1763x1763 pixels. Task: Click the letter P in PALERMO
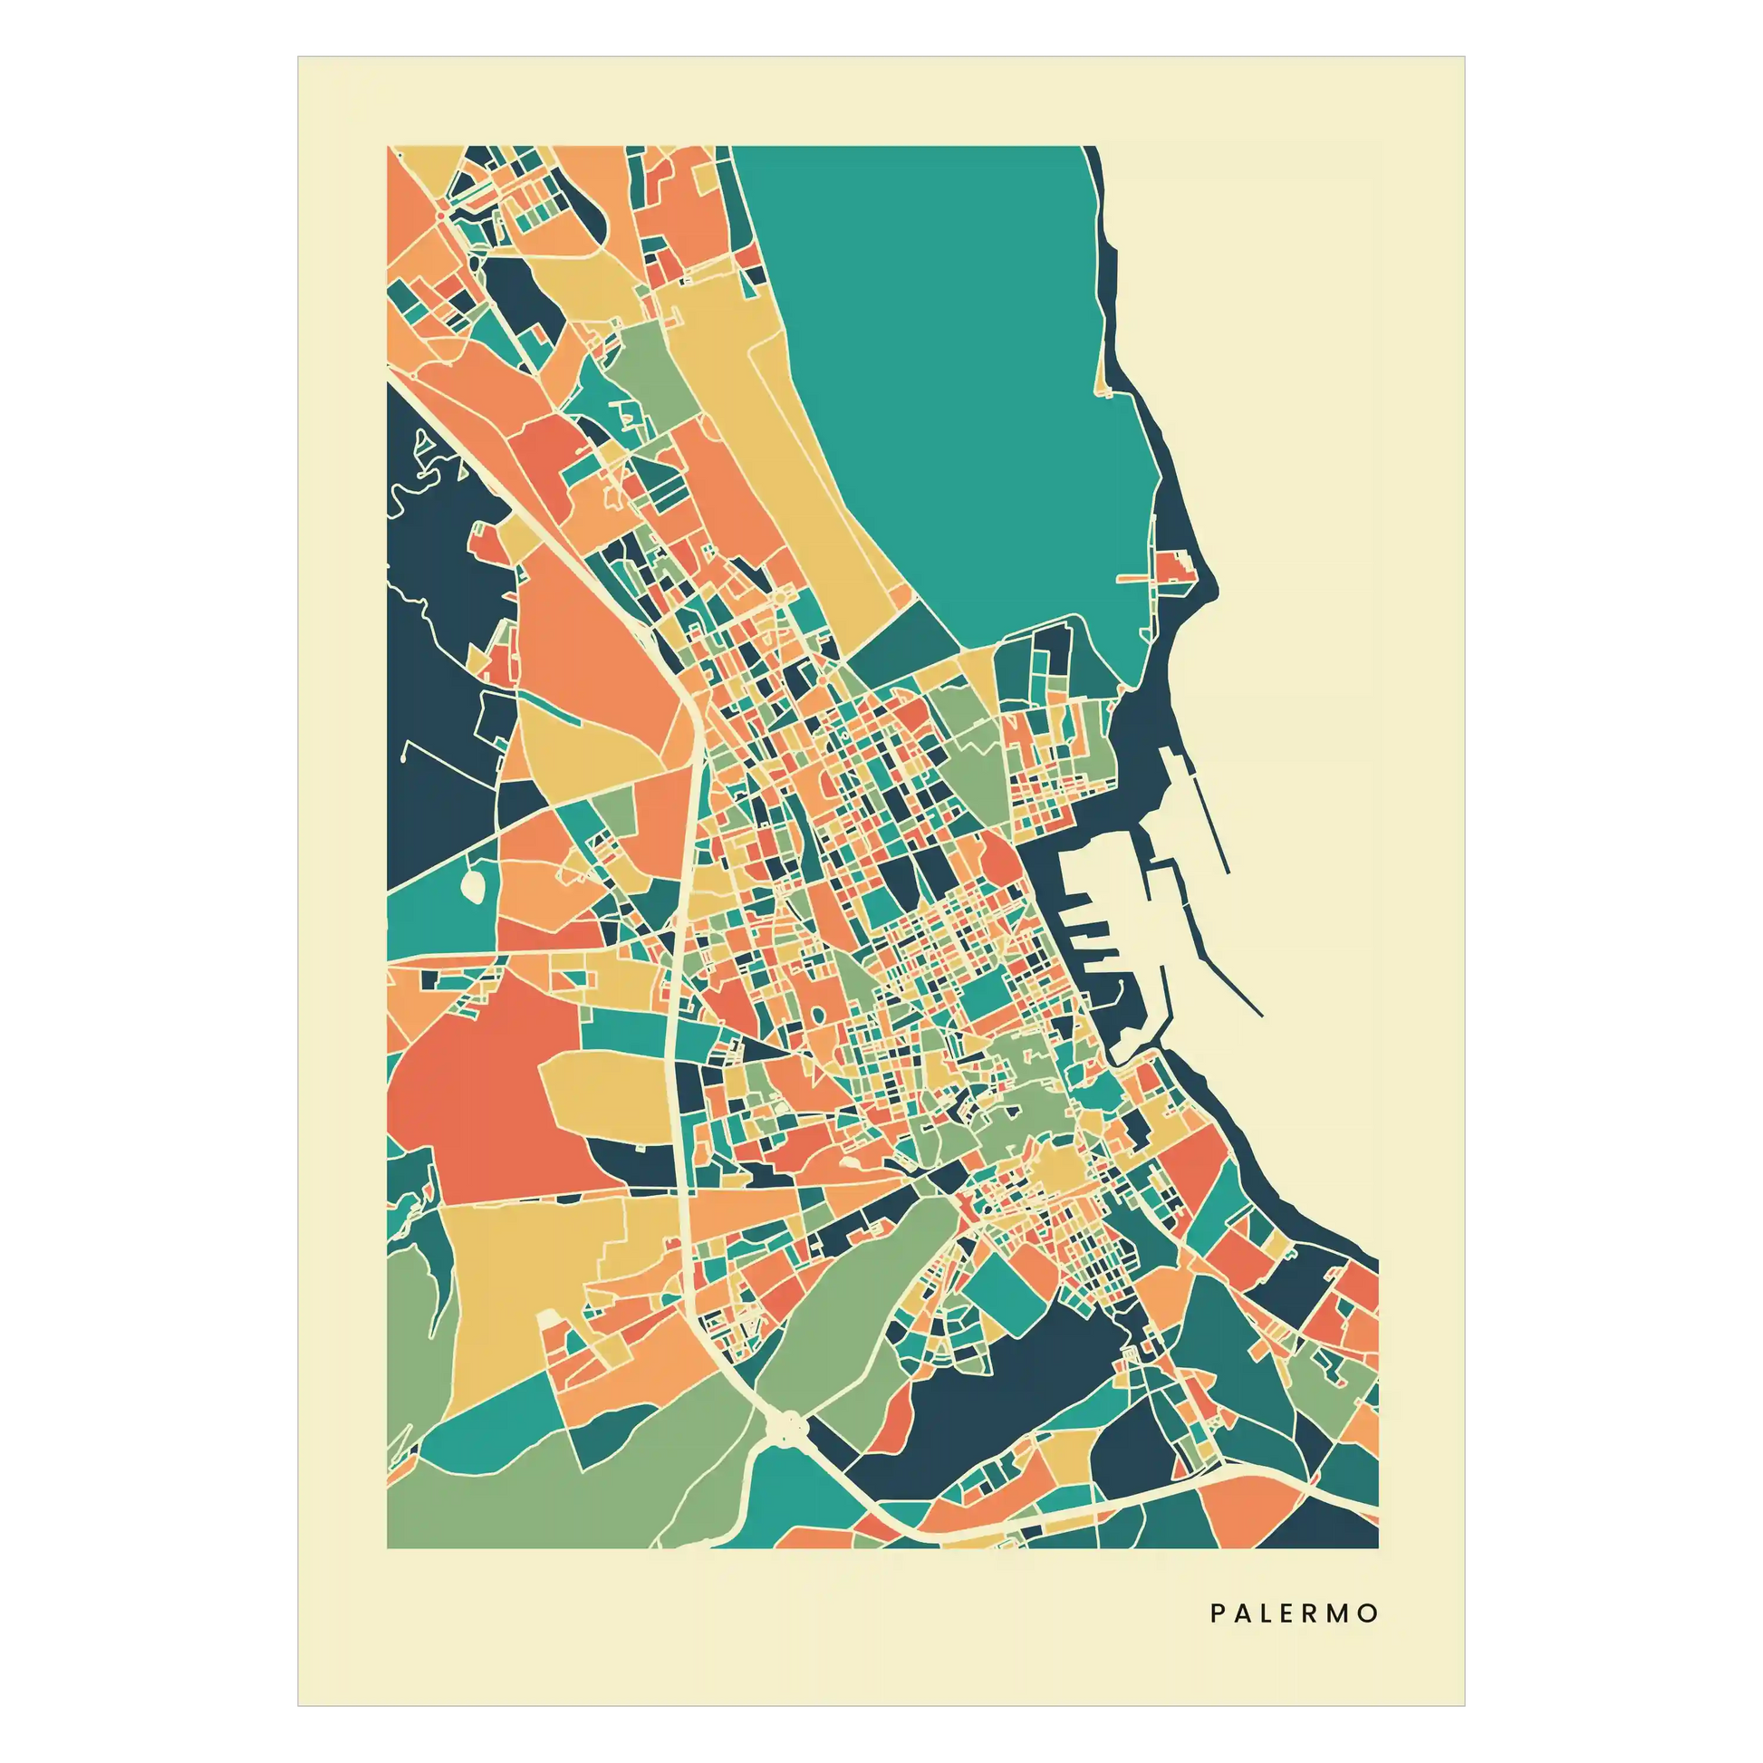tap(1218, 1614)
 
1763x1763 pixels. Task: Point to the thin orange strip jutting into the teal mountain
tap(1136, 578)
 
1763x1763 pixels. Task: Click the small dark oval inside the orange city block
tap(814, 1015)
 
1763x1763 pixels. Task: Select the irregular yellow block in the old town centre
tap(1058, 1168)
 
